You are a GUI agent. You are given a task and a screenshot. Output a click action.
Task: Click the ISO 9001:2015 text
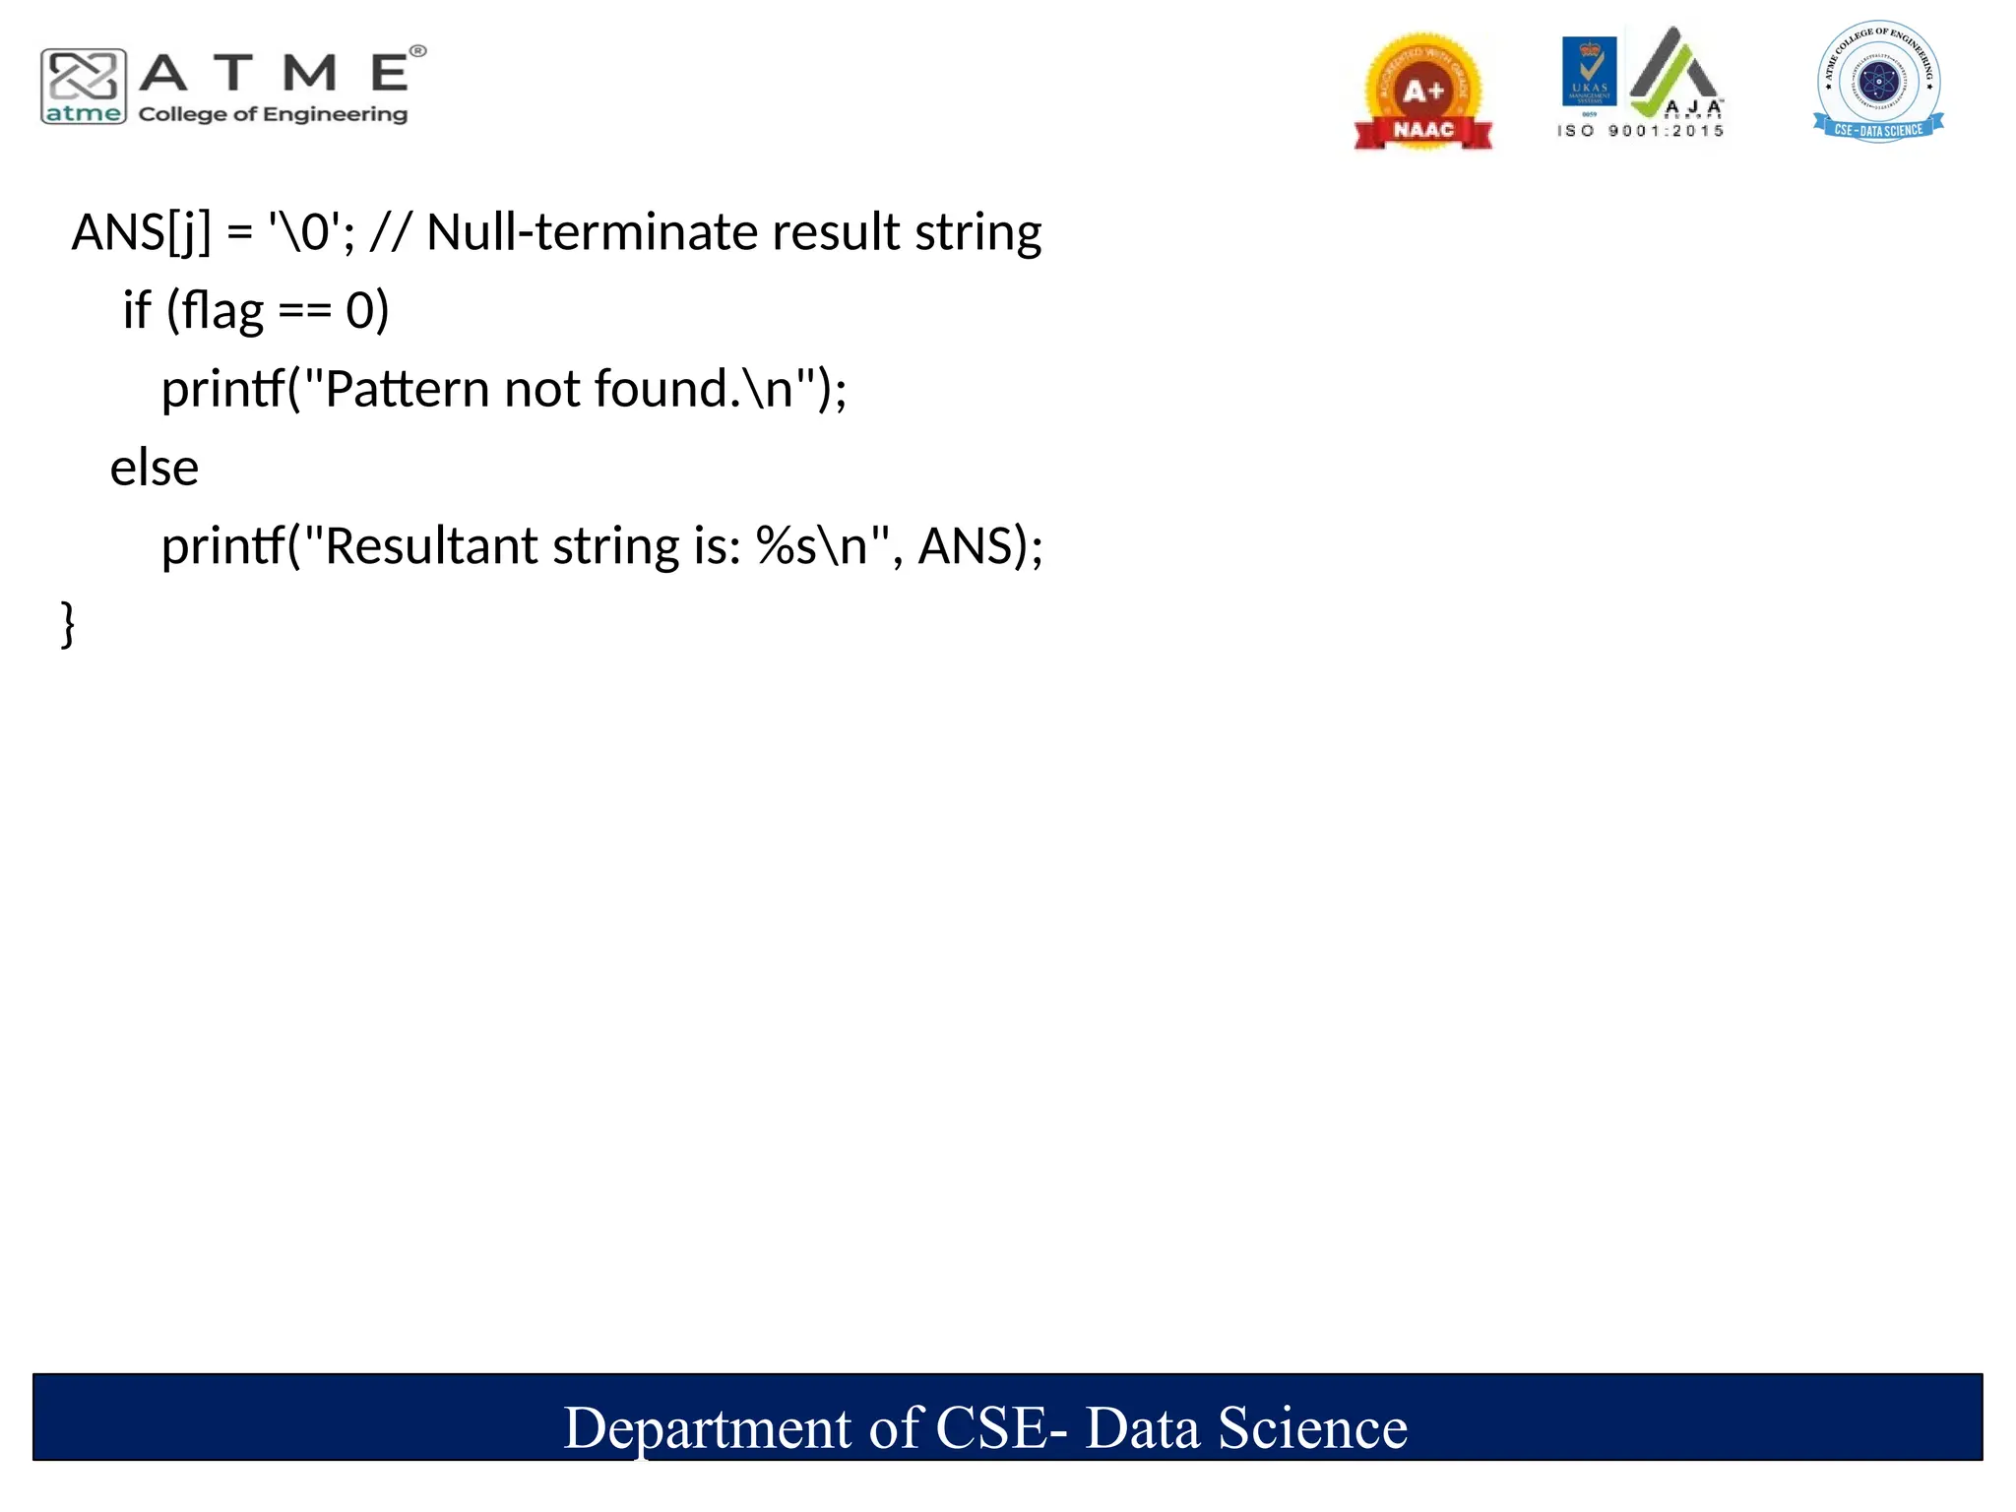[1640, 131]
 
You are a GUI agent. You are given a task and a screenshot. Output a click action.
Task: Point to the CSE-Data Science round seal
[1878, 82]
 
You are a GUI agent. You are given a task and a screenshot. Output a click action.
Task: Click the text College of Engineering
[273, 114]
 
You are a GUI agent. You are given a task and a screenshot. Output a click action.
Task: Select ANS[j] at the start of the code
[141, 233]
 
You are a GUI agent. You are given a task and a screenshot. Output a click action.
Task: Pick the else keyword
[155, 468]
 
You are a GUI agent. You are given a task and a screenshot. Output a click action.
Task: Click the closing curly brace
[68, 624]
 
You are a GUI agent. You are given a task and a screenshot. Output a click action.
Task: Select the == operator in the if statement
[304, 311]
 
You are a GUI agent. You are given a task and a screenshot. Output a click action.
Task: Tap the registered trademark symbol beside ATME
[418, 51]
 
